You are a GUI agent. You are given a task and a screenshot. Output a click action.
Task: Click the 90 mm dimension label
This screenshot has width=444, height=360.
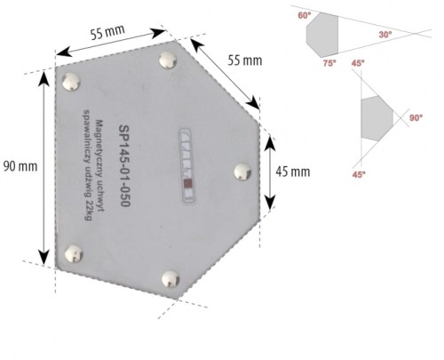(x=19, y=166)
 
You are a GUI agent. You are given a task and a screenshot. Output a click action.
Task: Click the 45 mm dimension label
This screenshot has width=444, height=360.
(x=292, y=171)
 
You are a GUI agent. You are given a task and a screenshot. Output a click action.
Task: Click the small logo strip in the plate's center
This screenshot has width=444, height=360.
(x=186, y=160)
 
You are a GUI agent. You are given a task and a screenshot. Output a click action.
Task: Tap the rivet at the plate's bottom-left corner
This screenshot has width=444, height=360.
(x=71, y=256)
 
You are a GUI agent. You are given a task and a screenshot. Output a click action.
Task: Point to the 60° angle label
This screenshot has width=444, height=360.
(x=305, y=15)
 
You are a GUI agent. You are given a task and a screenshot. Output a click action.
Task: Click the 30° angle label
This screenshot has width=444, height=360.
(x=385, y=35)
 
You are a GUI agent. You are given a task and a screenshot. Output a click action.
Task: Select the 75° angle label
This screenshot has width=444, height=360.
(x=329, y=64)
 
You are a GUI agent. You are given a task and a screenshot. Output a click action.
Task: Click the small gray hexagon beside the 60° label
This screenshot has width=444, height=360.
(x=322, y=36)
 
